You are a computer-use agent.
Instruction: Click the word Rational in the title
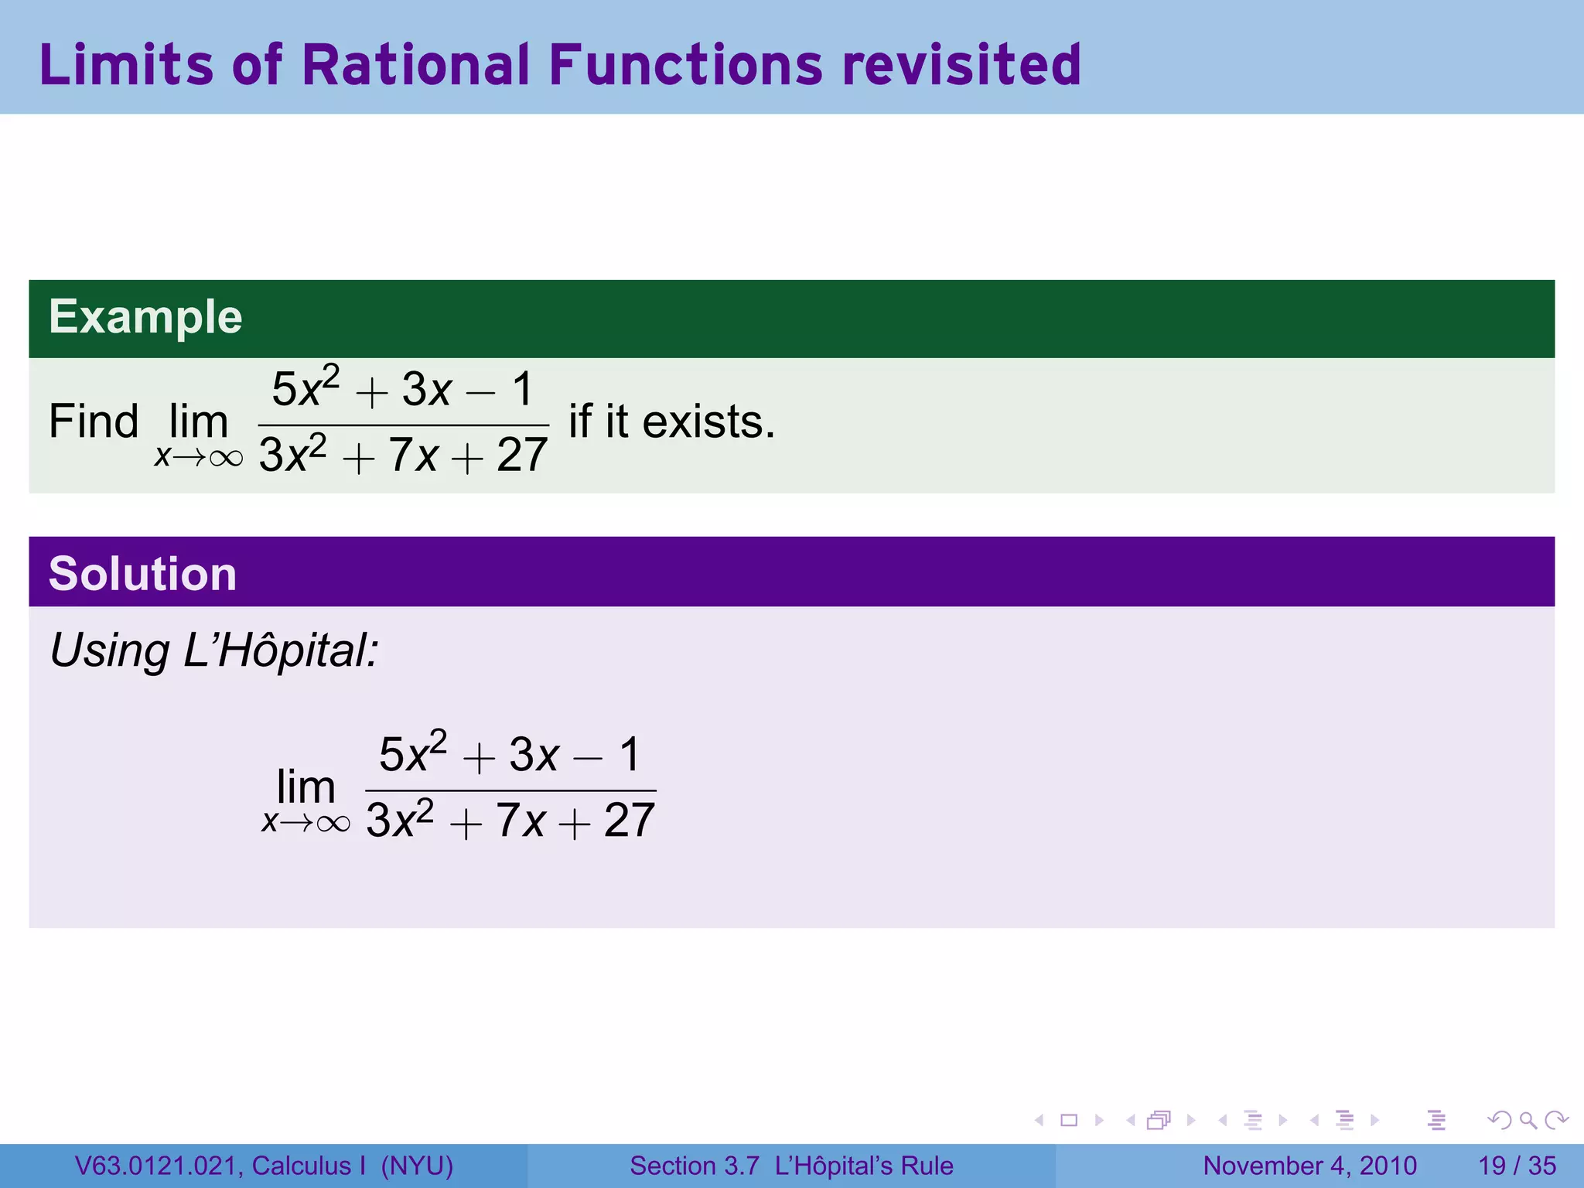point(415,64)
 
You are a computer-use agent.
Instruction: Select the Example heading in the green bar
point(145,317)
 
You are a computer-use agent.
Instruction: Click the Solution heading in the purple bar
point(142,574)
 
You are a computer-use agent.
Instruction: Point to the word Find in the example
point(94,422)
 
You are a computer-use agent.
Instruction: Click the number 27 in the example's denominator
point(522,455)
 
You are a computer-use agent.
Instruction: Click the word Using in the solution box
point(109,650)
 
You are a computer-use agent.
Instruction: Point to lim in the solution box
point(306,787)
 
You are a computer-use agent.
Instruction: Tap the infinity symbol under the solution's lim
point(333,823)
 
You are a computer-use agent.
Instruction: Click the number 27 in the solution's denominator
point(630,820)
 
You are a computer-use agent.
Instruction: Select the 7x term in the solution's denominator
point(521,820)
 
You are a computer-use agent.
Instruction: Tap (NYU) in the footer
point(417,1166)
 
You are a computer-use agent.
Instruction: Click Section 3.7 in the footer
point(694,1166)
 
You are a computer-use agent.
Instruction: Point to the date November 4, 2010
point(1309,1166)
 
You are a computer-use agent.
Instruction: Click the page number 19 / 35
point(1517,1166)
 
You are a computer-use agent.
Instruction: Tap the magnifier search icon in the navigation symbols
point(1528,1120)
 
